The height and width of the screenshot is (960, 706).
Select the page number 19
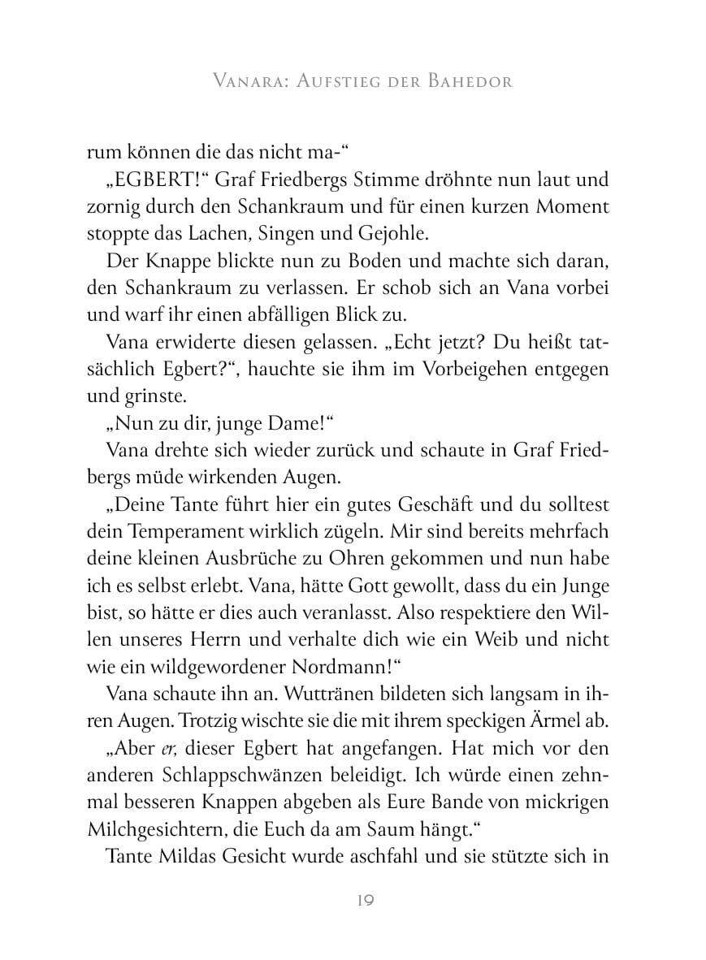tap(353, 901)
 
